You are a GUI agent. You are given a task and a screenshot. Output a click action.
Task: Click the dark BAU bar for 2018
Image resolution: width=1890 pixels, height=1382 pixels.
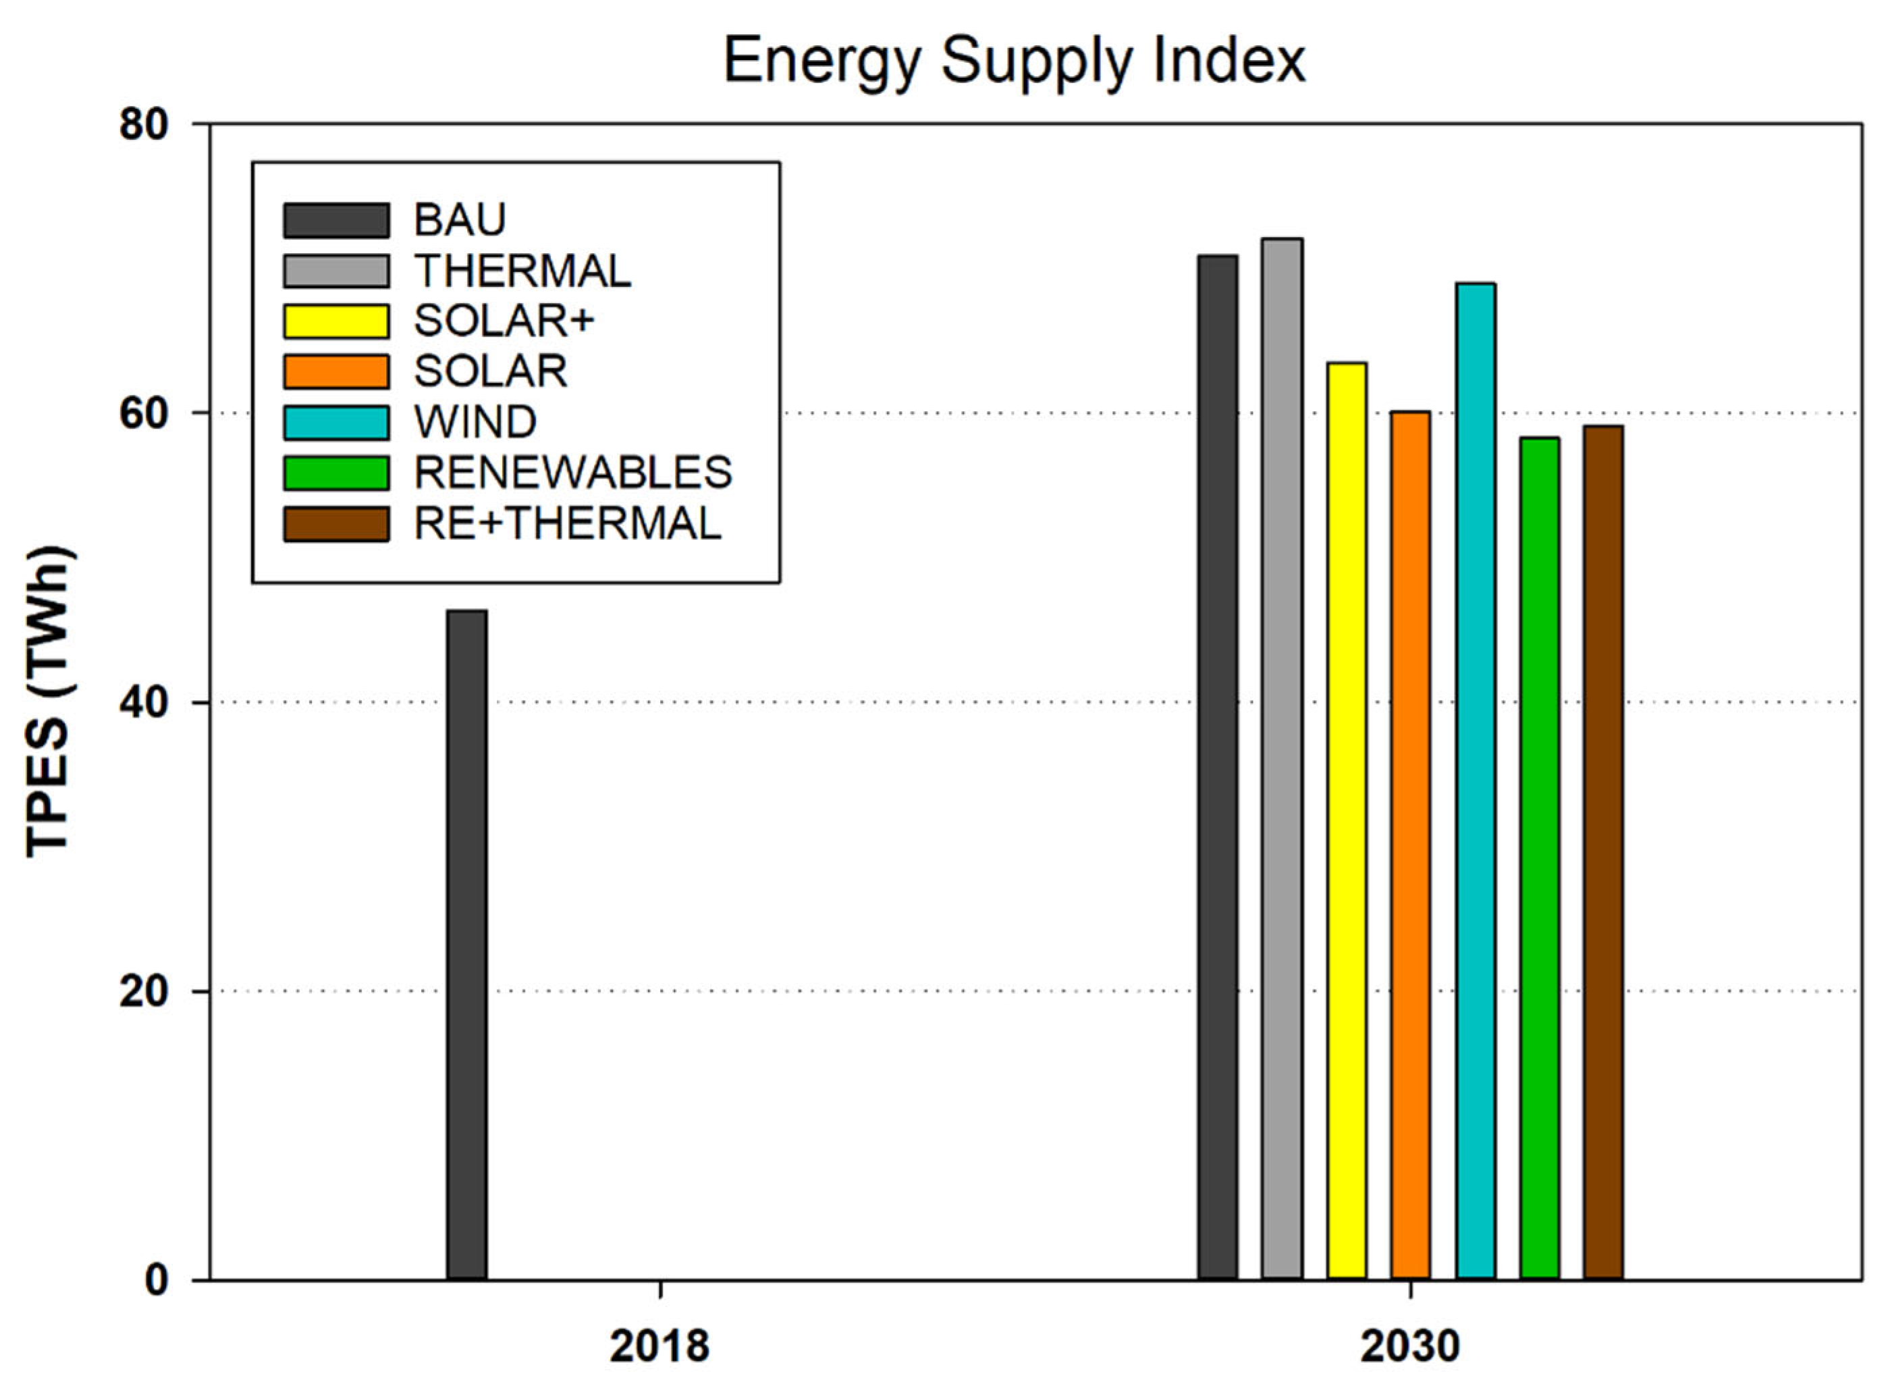pos(466,945)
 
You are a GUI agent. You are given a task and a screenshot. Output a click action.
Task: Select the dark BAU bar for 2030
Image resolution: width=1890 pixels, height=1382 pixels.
pos(1217,770)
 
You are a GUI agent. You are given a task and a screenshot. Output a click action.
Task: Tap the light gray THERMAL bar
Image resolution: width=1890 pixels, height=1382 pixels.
pos(1281,762)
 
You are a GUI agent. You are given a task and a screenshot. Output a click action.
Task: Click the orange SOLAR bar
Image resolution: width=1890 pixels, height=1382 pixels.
pos(1410,845)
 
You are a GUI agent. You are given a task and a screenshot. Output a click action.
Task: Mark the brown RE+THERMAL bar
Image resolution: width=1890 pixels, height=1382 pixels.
pos(1602,853)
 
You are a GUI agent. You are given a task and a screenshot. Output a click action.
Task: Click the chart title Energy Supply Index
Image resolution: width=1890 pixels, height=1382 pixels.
pos(1014,60)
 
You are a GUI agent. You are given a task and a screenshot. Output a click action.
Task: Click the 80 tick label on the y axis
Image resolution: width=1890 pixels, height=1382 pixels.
pos(143,126)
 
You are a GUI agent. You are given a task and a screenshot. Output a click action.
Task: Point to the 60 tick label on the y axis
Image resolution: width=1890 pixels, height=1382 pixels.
pos(143,414)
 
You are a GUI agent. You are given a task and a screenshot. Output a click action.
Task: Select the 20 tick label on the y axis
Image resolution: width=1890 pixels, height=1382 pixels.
pos(143,991)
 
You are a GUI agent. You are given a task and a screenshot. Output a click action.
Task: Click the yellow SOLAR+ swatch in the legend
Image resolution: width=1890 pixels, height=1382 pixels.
pos(335,321)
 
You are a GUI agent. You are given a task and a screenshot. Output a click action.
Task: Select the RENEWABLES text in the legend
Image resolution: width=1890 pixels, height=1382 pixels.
pos(573,473)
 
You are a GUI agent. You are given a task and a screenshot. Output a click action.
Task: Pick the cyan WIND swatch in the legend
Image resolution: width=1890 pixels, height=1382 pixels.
pos(335,423)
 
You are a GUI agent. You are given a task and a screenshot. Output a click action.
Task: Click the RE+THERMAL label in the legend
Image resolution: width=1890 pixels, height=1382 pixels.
pos(567,524)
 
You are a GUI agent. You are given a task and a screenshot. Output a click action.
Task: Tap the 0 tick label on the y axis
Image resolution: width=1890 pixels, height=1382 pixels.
pos(157,1281)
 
